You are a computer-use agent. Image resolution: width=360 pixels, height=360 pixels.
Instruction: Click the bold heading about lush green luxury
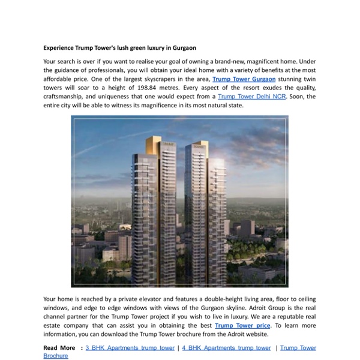(120, 47)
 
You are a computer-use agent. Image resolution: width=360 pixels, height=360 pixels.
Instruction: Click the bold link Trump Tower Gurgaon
(244, 79)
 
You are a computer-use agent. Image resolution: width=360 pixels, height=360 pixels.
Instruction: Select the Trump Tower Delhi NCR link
(251, 96)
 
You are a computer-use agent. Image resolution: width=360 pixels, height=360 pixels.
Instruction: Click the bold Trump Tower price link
(242, 326)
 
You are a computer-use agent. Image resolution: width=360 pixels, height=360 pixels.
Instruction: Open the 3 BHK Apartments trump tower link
(130, 347)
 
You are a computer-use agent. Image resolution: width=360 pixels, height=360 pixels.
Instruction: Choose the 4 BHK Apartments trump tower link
(226, 347)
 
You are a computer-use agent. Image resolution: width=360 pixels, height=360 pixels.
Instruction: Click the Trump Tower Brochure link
(298, 347)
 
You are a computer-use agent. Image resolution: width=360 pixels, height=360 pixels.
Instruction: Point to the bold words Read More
(59, 347)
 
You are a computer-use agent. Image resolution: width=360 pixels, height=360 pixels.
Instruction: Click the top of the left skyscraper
(167, 139)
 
